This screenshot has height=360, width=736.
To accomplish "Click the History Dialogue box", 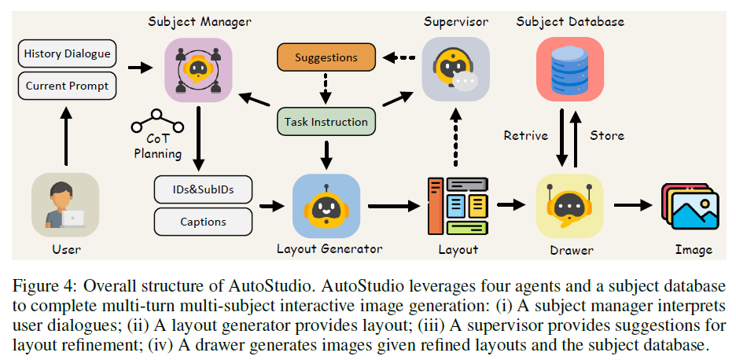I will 67,54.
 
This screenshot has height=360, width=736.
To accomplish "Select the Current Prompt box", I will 67,85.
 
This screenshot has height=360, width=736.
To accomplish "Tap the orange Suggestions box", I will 326,57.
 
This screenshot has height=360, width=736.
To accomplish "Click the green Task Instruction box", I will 326,122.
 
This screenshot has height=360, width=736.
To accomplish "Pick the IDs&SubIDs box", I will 203,190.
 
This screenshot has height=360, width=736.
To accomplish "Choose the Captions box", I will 203,222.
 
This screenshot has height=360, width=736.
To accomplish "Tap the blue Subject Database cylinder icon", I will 569,66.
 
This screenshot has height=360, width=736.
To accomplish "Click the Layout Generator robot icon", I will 326,206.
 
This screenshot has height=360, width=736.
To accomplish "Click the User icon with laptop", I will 65,206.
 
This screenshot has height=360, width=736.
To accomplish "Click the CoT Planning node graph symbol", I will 157,120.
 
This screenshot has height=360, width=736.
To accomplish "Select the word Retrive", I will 526,135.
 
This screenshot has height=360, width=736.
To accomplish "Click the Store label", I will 607,135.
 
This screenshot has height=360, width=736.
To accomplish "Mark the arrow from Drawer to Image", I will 633,206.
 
